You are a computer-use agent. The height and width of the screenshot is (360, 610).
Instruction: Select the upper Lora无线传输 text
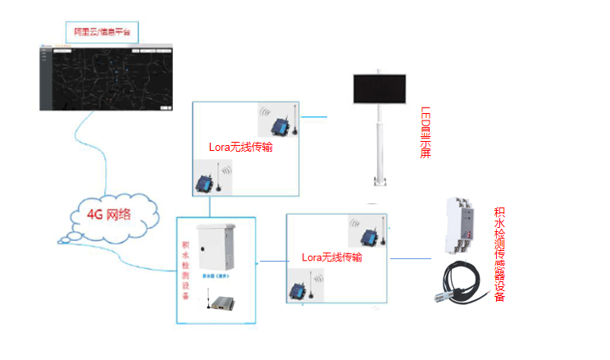click(x=242, y=148)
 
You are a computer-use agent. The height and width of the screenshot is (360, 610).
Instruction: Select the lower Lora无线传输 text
click(x=332, y=257)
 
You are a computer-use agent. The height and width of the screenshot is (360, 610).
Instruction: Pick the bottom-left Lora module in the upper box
click(x=204, y=180)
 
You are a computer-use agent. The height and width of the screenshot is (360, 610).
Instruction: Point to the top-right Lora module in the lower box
click(x=371, y=234)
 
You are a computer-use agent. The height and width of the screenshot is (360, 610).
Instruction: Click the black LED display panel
click(x=380, y=89)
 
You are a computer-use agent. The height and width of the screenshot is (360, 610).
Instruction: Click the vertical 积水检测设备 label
click(x=186, y=271)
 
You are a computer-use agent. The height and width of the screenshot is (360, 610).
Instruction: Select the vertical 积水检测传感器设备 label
click(x=499, y=254)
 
